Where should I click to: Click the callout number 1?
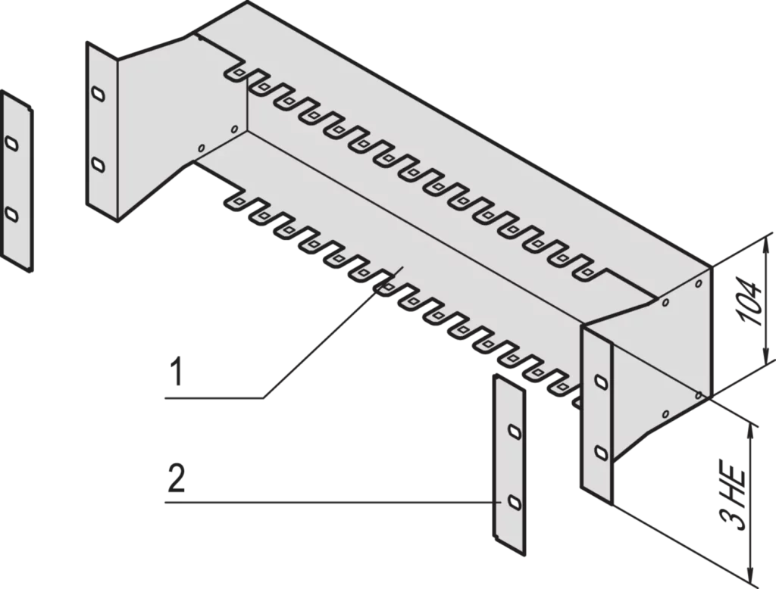[176, 373]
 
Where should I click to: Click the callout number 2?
[177, 478]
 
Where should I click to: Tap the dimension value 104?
[747, 301]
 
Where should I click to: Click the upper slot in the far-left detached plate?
[11, 143]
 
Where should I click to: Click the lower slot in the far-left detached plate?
[11, 214]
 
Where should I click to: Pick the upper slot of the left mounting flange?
[99, 93]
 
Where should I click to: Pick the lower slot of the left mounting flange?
[99, 165]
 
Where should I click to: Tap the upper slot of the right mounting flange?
[601, 382]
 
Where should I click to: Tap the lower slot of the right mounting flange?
[601, 453]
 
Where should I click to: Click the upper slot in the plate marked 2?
[515, 432]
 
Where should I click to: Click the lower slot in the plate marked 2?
[515, 503]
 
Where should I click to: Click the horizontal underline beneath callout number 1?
[214, 397]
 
